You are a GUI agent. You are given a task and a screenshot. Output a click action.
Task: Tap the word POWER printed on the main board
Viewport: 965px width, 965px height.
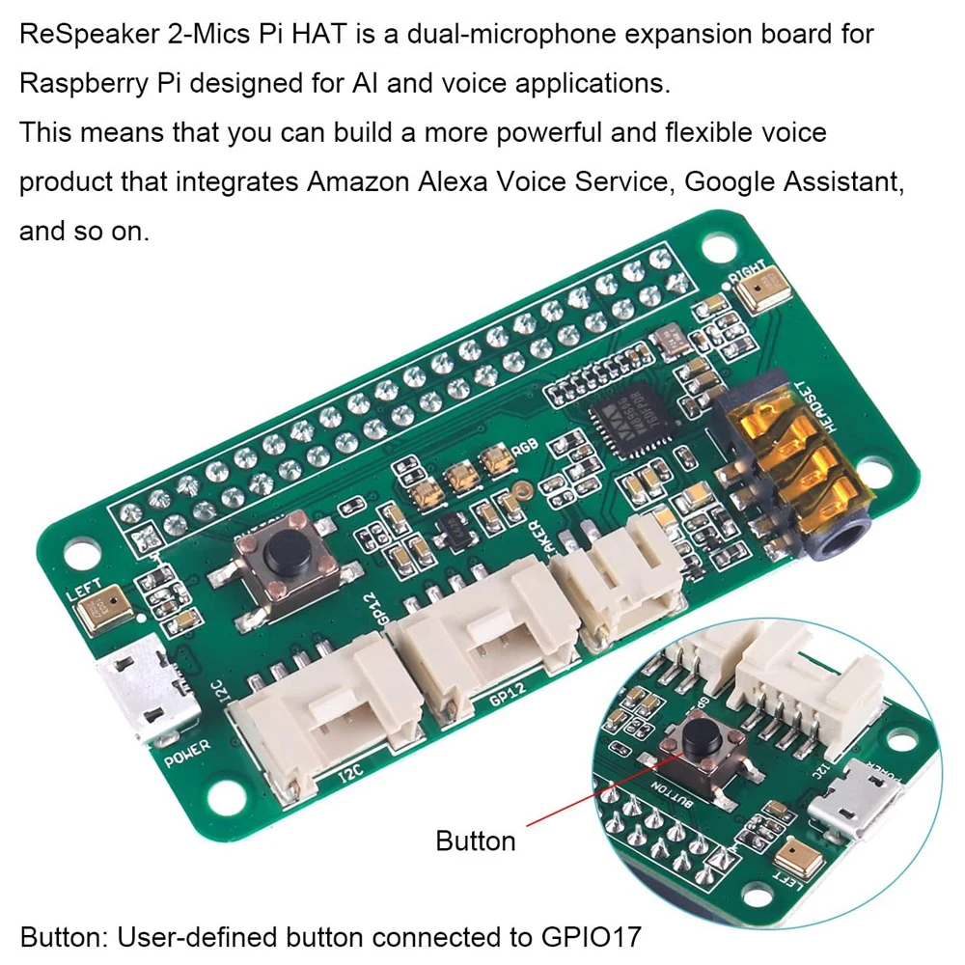coord(186,754)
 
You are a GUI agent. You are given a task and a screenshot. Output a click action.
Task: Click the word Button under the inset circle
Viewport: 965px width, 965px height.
coord(476,841)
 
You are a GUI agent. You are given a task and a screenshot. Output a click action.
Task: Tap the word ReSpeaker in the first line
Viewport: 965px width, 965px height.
coord(84,34)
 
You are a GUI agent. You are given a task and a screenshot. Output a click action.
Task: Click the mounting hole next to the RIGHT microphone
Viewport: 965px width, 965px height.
coord(716,246)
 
